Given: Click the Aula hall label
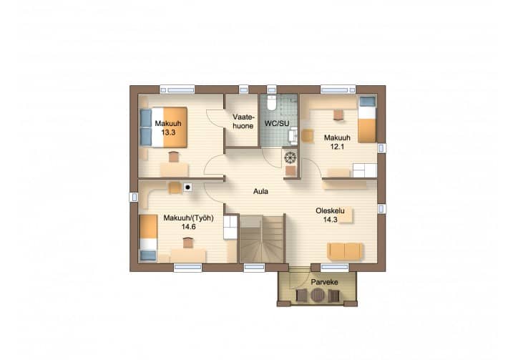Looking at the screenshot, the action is tap(260, 191).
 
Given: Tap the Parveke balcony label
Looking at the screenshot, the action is tap(324, 282).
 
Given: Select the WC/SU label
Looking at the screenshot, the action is tap(276, 124).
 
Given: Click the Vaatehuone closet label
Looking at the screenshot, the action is tap(243, 122).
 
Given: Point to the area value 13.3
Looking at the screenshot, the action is tap(168, 132).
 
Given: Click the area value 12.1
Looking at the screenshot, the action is tap(337, 147).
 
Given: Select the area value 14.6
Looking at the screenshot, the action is tap(189, 227).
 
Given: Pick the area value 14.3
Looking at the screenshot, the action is tap(331, 219).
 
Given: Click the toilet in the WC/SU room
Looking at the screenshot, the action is tap(272, 102).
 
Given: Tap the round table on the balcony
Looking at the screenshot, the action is tap(318, 295).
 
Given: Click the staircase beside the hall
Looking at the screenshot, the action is tap(262, 238).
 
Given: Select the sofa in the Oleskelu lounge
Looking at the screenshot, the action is tap(345, 251).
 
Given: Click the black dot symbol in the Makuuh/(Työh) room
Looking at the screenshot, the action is tap(187, 188).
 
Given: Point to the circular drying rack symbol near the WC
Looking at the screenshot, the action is tap(290, 157).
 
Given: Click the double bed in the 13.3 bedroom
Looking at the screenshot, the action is tap(164, 127).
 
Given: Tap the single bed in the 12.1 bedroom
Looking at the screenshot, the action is tap(367, 120).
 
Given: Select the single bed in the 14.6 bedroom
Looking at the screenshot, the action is tap(147, 238).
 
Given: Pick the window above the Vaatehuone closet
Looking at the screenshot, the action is tap(243, 89).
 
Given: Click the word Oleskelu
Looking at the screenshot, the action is tap(330, 210).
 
